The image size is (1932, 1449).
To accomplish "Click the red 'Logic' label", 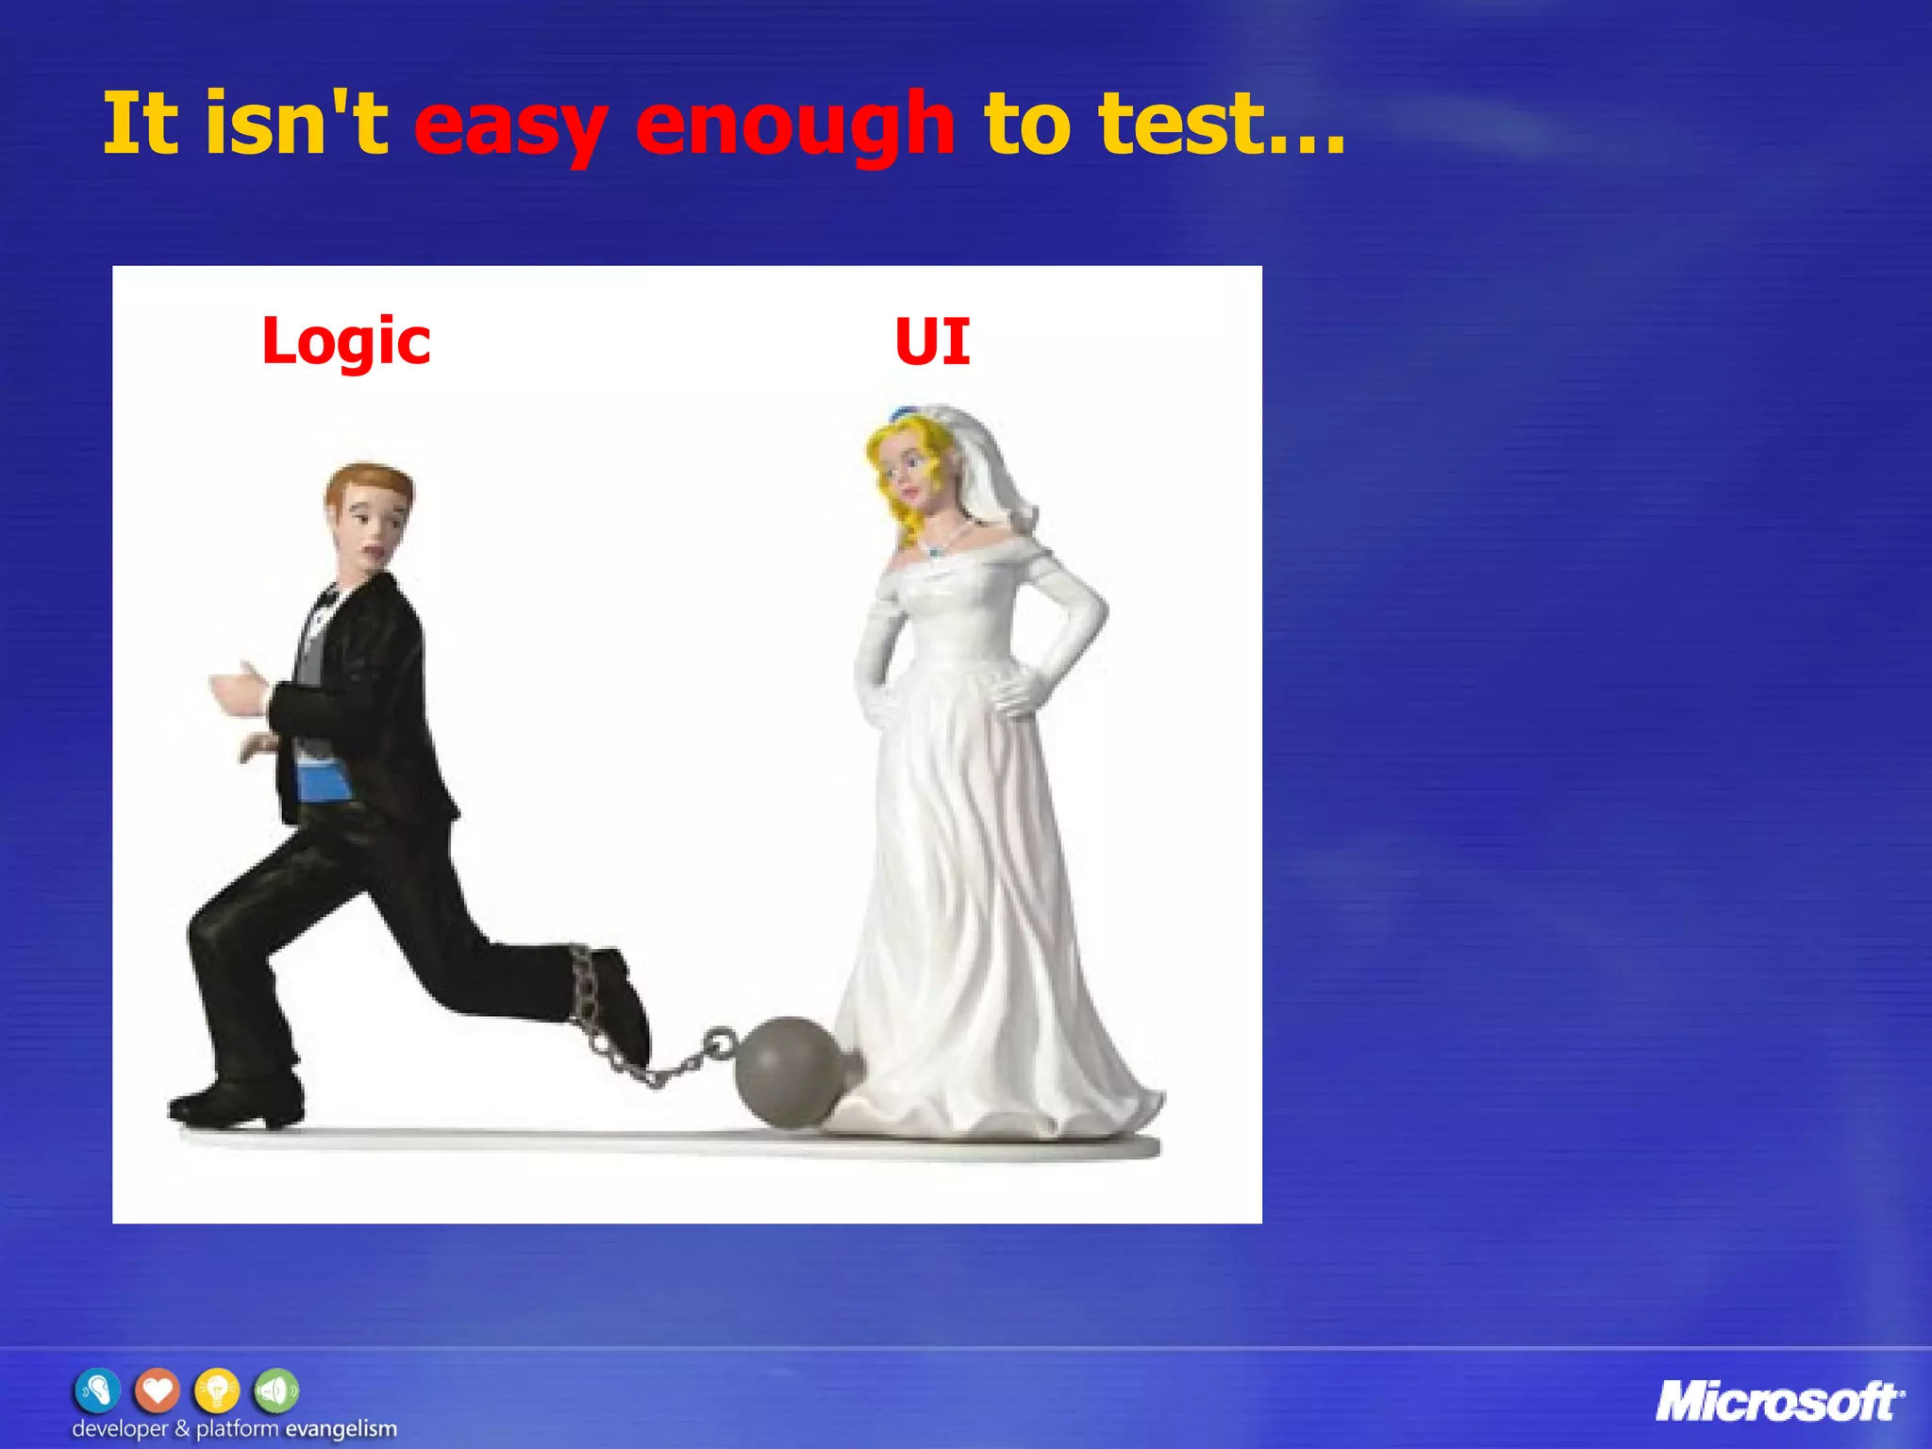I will click(x=346, y=341).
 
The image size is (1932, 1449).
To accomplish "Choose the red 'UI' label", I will click(x=932, y=341).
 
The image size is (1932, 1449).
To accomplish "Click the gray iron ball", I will click(x=789, y=1071).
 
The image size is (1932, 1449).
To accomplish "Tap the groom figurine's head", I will click(x=369, y=513).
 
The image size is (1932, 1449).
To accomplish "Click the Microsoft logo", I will click(x=1779, y=1402).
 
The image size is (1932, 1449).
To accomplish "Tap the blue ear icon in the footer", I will click(x=97, y=1391).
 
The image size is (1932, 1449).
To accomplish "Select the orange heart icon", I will click(x=157, y=1391).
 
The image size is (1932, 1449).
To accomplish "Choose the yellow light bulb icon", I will click(x=217, y=1391).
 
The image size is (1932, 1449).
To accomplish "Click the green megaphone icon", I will click(x=275, y=1391).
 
